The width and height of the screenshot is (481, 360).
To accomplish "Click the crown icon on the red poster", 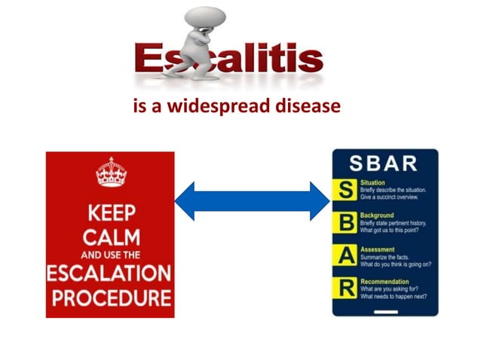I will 111,173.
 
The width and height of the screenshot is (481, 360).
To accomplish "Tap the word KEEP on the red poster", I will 110,213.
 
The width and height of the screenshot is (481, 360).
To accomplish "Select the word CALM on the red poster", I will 110,237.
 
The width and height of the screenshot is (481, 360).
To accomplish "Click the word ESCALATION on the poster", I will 110,272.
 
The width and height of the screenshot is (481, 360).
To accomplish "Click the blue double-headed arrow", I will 253,201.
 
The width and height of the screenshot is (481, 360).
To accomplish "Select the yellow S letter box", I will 347,191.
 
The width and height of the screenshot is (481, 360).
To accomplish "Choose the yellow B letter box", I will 347,224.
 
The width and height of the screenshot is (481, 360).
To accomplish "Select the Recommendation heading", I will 385,281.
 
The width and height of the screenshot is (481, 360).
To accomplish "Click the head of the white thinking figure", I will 204,17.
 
